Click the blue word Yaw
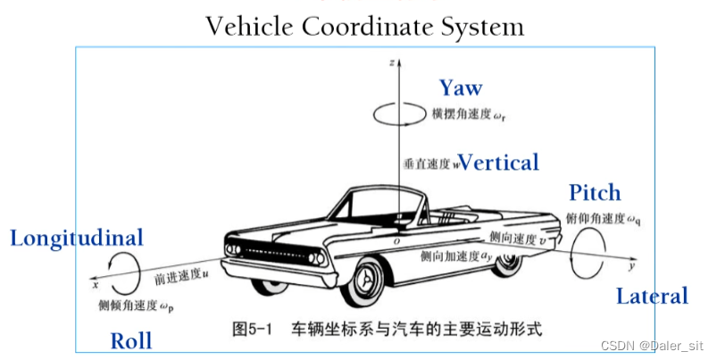tap(460, 88)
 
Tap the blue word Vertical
tap(499, 163)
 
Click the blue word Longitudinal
tap(77, 239)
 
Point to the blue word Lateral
tap(652, 297)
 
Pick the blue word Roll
tap(130, 340)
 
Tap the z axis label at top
tap(392, 63)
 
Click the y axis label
tap(630, 267)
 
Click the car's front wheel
tap(364, 280)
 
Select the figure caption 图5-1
tap(253, 330)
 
